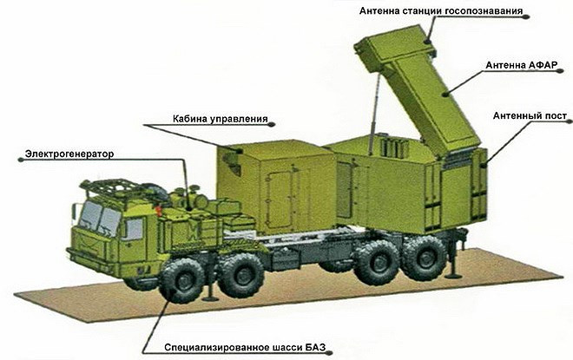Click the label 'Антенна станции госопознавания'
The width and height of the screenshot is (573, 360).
(x=441, y=11)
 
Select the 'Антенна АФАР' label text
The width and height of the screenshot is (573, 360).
(x=521, y=65)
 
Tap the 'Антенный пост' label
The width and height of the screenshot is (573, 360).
(x=530, y=116)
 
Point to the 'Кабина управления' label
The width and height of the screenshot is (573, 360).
(x=220, y=119)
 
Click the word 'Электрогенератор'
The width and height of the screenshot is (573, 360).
(x=69, y=154)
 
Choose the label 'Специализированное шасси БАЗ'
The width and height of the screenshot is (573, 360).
(x=245, y=347)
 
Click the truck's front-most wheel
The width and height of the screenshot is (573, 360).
(x=182, y=280)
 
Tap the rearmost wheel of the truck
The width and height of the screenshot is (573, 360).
(x=424, y=259)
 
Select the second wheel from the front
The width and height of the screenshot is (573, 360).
(x=241, y=275)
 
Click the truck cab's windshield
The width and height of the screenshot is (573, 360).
(x=99, y=218)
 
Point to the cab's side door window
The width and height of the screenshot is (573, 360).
(x=134, y=229)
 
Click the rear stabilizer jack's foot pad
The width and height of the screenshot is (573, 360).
(x=453, y=275)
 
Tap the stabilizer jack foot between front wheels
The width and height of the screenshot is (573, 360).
(x=210, y=299)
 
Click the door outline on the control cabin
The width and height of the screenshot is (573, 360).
(x=279, y=198)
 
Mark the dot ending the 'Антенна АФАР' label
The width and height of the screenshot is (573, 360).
(x=559, y=71)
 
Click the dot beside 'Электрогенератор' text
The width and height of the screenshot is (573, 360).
(x=21, y=160)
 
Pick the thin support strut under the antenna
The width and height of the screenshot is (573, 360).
(x=375, y=114)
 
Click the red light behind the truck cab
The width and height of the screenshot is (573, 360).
(x=159, y=210)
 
